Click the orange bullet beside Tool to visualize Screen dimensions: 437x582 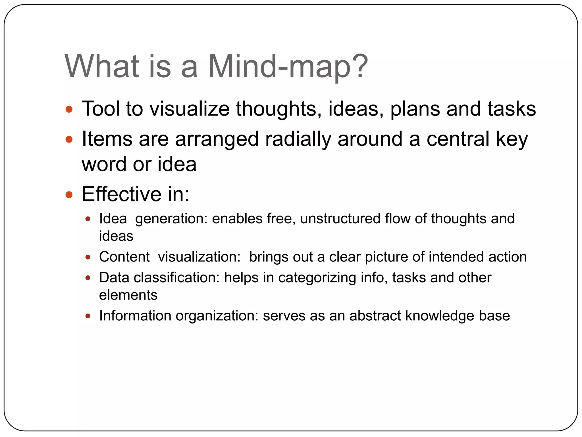pyautogui.click(x=69, y=109)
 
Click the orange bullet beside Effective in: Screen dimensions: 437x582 pyautogui.click(x=69, y=195)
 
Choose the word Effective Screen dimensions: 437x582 pyautogui.click(x=122, y=194)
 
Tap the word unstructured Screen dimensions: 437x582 pyautogui.click(x=340, y=219)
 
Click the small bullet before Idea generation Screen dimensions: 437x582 pyautogui.click(x=88, y=219)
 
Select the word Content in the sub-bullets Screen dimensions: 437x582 pyautogui.click(x=124, y=257)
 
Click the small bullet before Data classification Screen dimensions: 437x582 pyautogui.click(x=88, y=278)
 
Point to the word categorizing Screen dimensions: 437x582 pyautogui.click(x=317, y=278)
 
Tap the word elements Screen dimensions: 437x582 pyautogui.click(x=128, y=295)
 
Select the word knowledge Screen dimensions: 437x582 pyautogui.click(x=440, y=316)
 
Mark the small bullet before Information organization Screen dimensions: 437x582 pyautogui.click(x=88, y=316)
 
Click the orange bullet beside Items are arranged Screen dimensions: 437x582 pyautogui.click(x=69, y=139)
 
